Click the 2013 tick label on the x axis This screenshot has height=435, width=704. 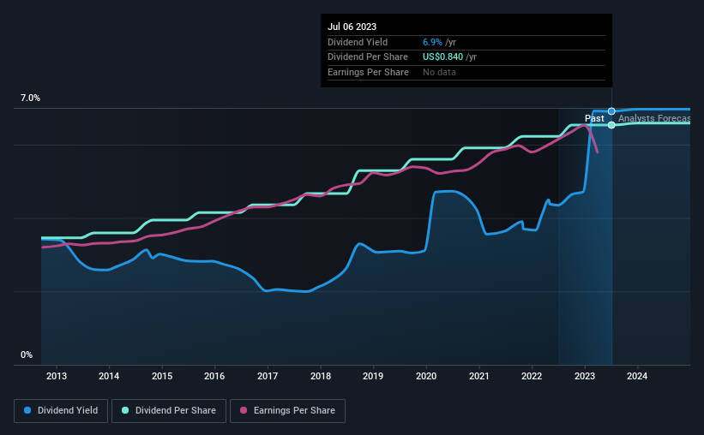point(56,376)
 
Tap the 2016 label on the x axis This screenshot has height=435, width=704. point(214,376)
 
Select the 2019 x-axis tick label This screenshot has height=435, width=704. point(373,376)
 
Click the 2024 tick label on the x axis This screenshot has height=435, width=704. point(637,376)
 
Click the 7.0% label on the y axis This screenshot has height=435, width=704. point(30,98)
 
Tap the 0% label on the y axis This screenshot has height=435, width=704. point(27,355)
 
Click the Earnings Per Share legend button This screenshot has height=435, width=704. point(275,411)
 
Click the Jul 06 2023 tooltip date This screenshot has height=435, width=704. point(352,27)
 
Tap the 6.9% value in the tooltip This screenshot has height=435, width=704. point(432,42)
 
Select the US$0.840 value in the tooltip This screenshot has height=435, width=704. point(445,57)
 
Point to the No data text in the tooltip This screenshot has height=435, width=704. point(439,72)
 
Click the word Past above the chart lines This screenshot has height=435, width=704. point(594,118)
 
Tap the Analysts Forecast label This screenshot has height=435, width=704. point(653,118)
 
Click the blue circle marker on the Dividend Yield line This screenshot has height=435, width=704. point(611,111)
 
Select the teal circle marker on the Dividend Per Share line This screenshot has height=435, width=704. point(611,125)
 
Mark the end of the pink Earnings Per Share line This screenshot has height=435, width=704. point(597,152)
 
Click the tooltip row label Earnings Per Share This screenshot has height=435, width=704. point(368,72)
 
